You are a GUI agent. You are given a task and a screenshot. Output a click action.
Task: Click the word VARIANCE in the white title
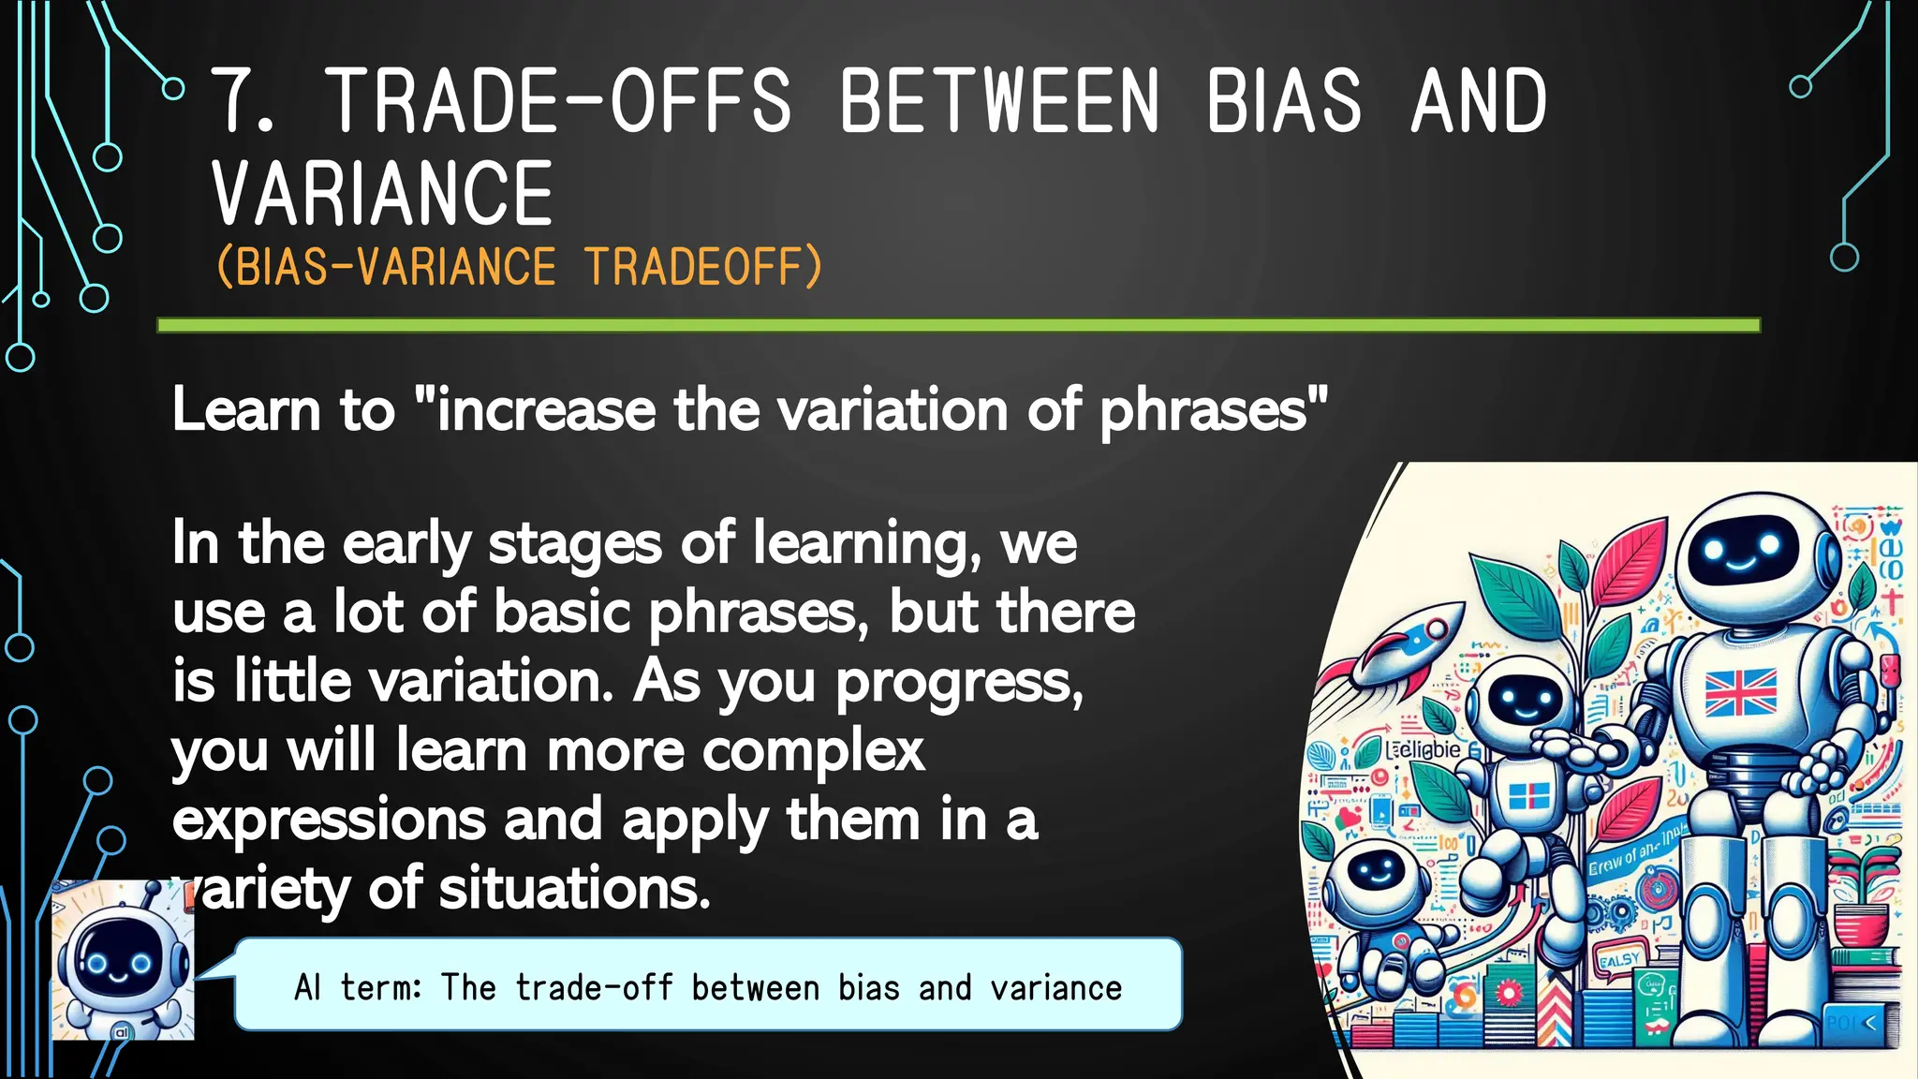pyautogui.click(x=382, y=194)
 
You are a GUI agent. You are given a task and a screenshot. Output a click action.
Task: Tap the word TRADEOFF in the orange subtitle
pyautogui.click(x=702, y=267)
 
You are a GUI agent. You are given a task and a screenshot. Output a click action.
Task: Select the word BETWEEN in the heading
pyautogui.click(x=998, y=101)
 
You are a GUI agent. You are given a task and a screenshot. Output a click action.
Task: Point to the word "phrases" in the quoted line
pyautogui.click(x=1203, y=411)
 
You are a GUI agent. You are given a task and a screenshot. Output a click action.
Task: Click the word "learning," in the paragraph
pyautogui.click(x=866, y=544)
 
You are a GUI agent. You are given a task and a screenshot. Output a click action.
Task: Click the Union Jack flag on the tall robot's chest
pyautogui.click(x=1740, y=692)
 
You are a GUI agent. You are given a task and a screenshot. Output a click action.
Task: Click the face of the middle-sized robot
pyautogui.click(x=1525, y=698)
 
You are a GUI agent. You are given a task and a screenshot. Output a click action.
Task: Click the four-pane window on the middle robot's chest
pyautogui.click(x=1528, y=797)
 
